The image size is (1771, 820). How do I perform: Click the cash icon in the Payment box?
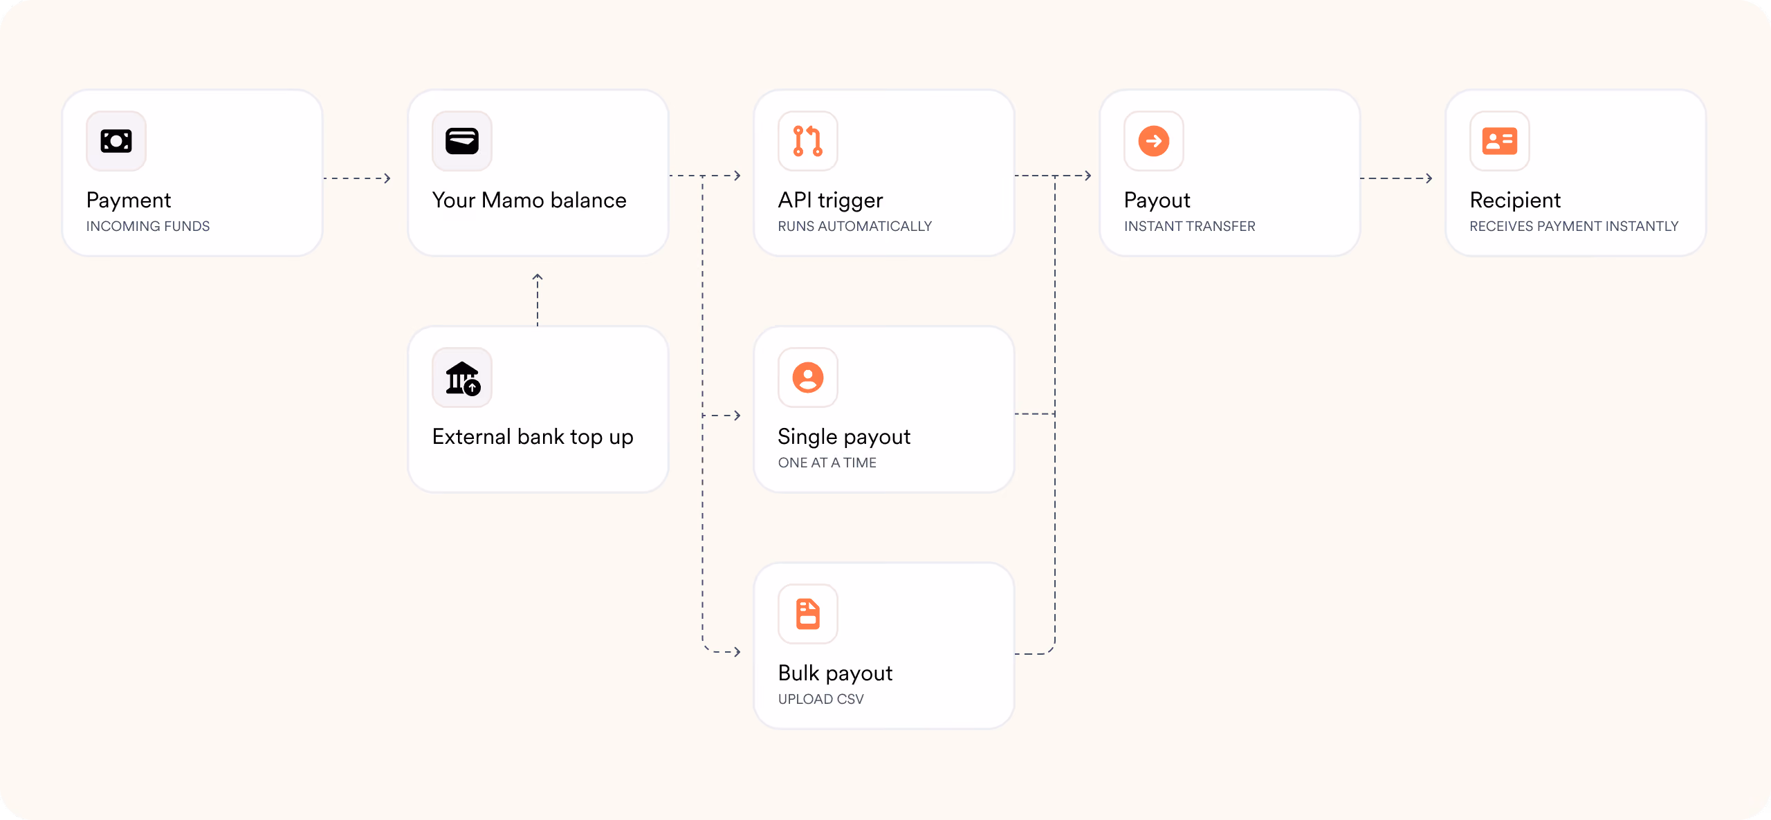116,141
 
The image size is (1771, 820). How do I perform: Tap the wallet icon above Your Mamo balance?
462,141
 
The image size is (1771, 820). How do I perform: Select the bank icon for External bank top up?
463,378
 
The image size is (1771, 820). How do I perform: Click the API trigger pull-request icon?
808,141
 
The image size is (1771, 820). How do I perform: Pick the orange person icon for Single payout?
808,378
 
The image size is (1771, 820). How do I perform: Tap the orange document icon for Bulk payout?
808,614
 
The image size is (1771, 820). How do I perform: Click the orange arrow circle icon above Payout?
1154,141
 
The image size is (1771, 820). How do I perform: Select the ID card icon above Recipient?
1500,141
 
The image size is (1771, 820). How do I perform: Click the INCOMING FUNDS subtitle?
148,226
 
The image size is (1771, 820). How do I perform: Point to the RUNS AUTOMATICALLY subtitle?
855,226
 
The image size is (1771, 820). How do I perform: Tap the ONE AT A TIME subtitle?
827,463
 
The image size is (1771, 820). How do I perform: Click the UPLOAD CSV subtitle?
821,699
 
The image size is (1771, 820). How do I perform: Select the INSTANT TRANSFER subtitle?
1190,226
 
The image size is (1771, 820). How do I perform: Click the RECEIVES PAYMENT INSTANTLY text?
1575,226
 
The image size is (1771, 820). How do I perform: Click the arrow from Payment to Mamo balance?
357,178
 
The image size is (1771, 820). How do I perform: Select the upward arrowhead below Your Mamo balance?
538,277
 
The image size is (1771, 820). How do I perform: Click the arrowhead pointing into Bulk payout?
737,651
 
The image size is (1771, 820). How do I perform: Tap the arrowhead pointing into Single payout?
737,415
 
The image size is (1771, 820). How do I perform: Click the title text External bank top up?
533,437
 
